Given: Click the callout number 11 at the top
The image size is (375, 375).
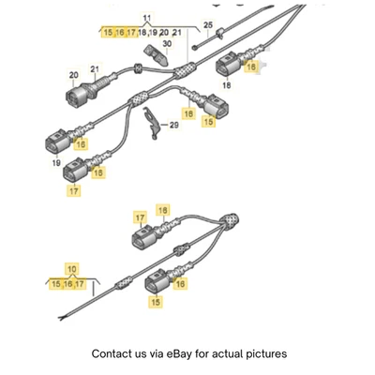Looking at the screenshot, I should click(x=146, y=19).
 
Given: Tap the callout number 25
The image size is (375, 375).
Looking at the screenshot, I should click(x=208, y=24).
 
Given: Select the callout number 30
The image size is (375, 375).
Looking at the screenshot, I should click(x=166, y=43).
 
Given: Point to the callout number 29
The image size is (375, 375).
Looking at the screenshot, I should click(x=172, y=125).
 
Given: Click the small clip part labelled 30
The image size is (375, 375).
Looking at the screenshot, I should click(x=151, y=51).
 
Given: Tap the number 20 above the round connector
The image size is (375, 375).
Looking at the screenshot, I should click(x=73, y=75).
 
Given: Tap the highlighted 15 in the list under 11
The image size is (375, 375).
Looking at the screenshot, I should click(x=108, y=33).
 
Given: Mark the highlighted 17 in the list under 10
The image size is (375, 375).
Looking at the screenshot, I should click(x=80, y=284).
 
